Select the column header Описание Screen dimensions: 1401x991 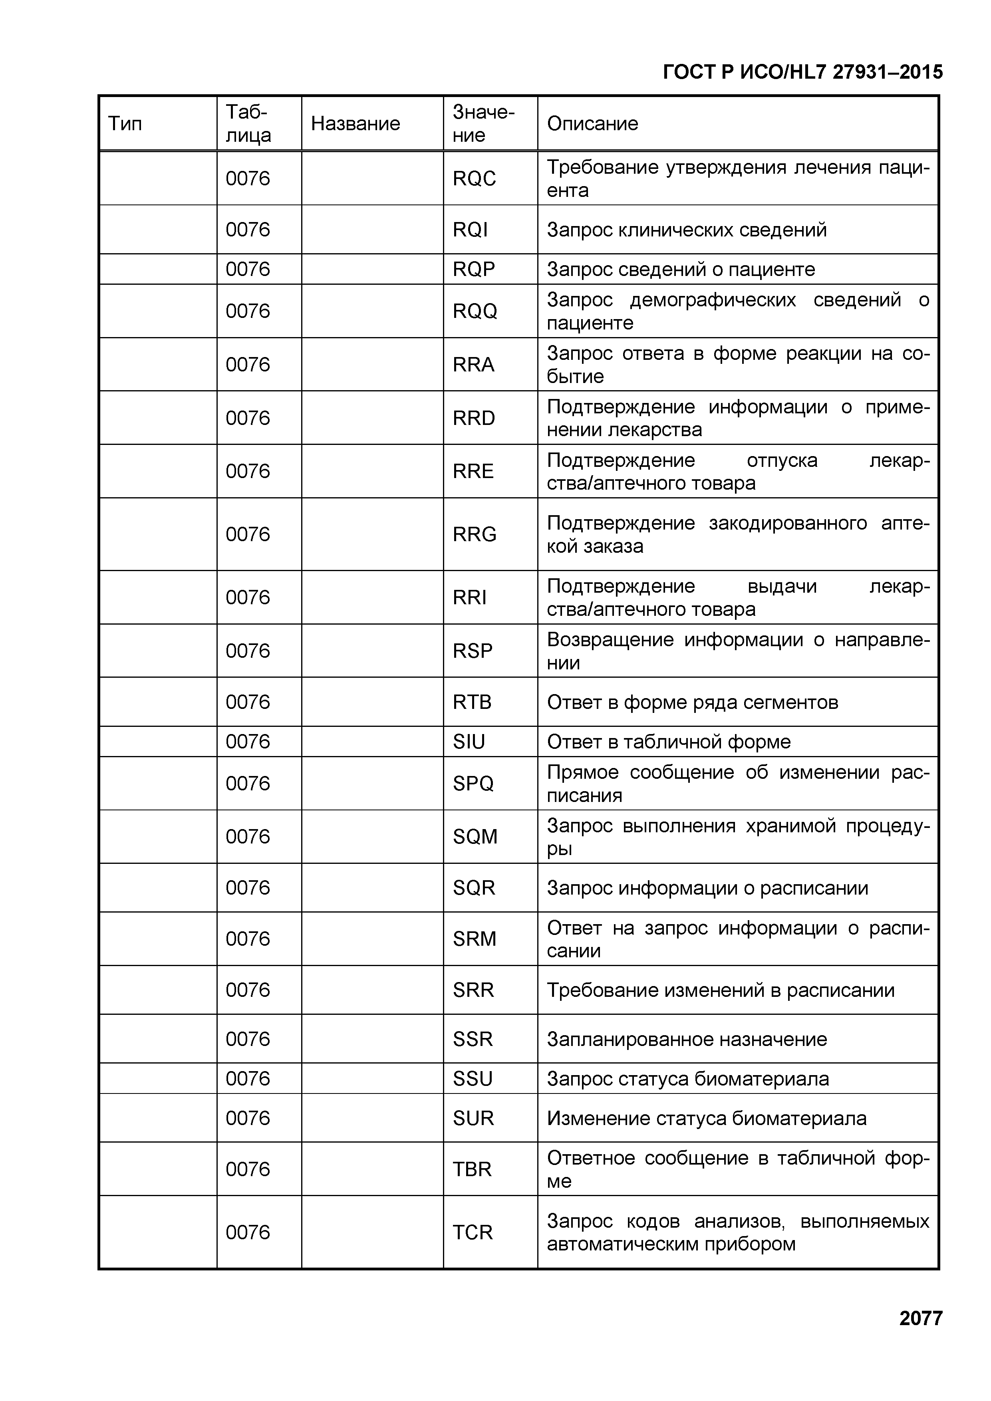pos(592,124)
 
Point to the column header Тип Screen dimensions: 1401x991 pos(125,124)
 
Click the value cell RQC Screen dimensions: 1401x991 pos(474,179)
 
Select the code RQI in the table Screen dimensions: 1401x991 pos(470,230)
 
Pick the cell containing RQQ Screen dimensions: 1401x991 pos(475,311)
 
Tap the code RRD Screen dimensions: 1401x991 pos(474,418)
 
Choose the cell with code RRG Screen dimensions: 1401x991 pos(474,534)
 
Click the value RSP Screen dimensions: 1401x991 pos(472,651)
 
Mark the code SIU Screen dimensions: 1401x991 pos(469,742)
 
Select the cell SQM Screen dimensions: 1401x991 pos(475,837)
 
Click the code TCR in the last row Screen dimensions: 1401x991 pos(472,1232)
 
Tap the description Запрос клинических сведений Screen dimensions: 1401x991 pos(687,230)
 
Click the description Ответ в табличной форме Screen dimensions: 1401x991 pos(668,742)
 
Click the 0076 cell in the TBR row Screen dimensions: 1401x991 pos(248,1169)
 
